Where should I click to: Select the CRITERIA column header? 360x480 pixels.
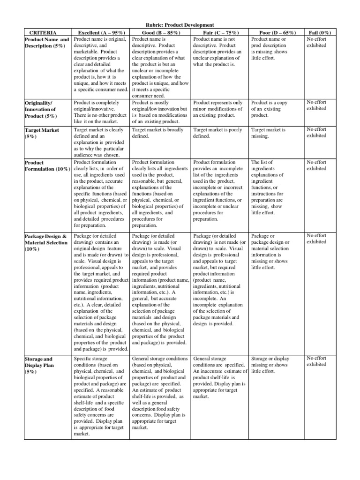click(43, 32)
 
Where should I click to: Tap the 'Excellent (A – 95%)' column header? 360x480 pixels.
click(101, 32)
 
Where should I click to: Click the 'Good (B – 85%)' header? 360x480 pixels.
click(159, 32)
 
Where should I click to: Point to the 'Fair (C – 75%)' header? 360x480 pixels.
click(219, 32)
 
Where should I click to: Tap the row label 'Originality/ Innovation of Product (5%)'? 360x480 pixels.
click(43, 109)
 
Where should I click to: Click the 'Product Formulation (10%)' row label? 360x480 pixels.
click(47, 166)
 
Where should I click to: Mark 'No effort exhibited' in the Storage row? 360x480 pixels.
click(316, 361)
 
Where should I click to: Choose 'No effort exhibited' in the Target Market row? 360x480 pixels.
click(316, 133)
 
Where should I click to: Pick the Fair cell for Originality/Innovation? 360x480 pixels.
click(218, 109)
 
